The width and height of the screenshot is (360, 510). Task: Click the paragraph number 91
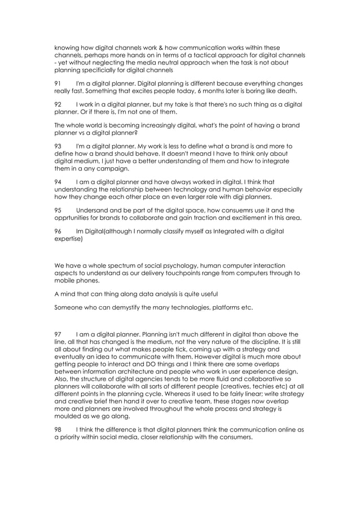click(58, 83)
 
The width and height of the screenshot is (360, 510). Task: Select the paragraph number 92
click(58, 104)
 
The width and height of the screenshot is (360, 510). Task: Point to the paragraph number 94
click(58, 182)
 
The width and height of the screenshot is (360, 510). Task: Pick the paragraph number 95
click(58, 211)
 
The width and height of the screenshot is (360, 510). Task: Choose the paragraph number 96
click(58, 232)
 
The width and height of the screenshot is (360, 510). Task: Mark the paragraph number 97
click(58, 334)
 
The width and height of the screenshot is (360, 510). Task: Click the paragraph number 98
click(58, 430)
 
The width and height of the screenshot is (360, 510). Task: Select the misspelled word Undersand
click(93, 211)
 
